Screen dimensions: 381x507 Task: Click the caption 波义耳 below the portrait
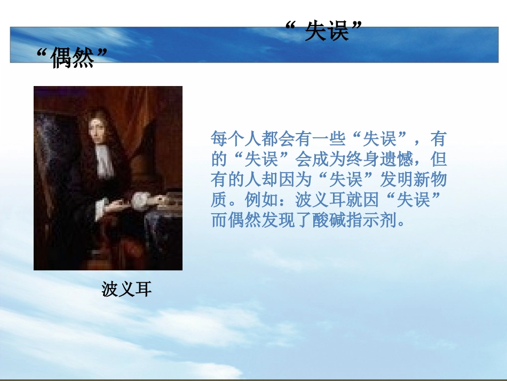(x=126, y=290)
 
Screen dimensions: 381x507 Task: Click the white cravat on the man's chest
(x=104, y=160)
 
